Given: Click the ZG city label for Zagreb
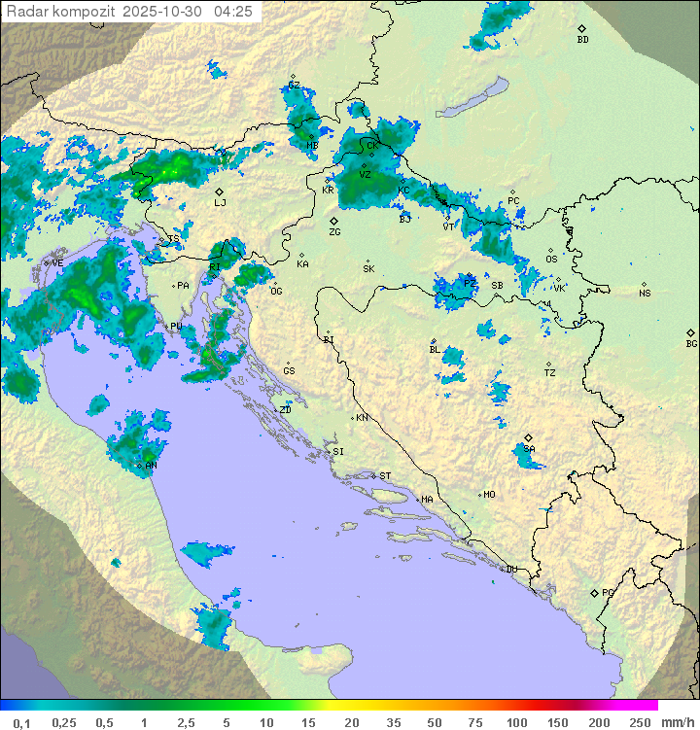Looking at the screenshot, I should pyautogui.click(x=334, y=232).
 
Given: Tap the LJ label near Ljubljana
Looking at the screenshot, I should pyautogui.click(x=220, y=203).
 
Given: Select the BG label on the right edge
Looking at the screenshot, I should pyautogui.click(x=691, y=343).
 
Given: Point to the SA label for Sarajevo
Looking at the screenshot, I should pyautogui.click(x=529, y=449).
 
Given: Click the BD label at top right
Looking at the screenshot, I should pyautogui.click(x=582, y=40).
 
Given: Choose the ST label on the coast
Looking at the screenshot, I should pyautogui.click(x=385, y=475).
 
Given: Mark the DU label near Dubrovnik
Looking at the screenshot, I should pyautogui.click(x=510, y=569).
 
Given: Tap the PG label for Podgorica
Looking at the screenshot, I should pyautogui.click(x=608, y=592).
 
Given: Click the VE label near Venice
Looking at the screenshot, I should pyautogui.click(x=57, y=262).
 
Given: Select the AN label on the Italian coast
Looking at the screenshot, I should pyautogui.click(x=151, y=465).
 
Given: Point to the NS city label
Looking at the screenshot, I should pyautogui.click(x=645, y=294).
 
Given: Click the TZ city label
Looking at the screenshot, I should pyautogui.click(x=549, y=372).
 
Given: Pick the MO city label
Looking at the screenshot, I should pyautogui.click(x=489, y=494).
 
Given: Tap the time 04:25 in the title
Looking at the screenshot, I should pyautogui.click(x=233, y=12).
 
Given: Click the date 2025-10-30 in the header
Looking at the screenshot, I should pyautogui.click(x=166, y=12).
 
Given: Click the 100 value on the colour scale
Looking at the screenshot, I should pyautogui.click(x=516, y=722).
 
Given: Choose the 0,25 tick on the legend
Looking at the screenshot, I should pyautogui.click(x=64, y=722).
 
